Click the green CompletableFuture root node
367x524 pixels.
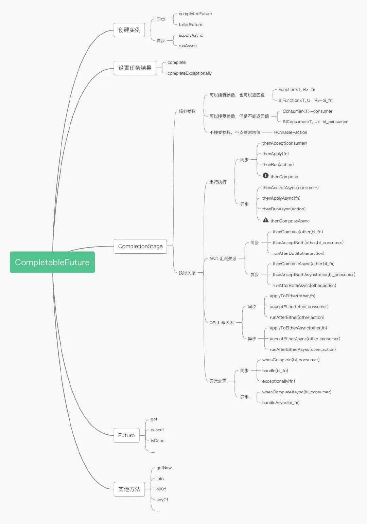(x=52, y=262)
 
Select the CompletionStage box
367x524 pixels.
(x=140, y=246)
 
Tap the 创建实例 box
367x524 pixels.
(x=129, y=30)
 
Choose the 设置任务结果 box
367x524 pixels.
(x=135, y=68)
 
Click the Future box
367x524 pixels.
(x=126, y=435)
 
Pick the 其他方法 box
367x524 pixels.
(x=129, y=489)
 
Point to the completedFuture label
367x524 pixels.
(x=195, y=14)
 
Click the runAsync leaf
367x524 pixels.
(x=188, y=46)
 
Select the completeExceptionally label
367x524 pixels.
(x=189, y=73)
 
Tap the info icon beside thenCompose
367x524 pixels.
(x=266, y=176)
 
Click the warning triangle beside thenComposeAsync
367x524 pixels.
(x=266, y=220)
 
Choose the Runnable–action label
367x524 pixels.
(x=291, y=132)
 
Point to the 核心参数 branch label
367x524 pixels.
(x=187, y=111)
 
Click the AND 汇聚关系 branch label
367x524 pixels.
(x=223, y=259)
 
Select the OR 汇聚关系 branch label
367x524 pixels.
(x=222, y=323)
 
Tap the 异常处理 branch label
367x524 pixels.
(x=218, y=381)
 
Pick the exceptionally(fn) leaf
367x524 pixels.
(x=279, y=381)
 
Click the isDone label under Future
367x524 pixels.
(x=157, y=441)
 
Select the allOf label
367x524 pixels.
(x=161, y=489)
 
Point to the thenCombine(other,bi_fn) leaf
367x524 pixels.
(x=298, y=232)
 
